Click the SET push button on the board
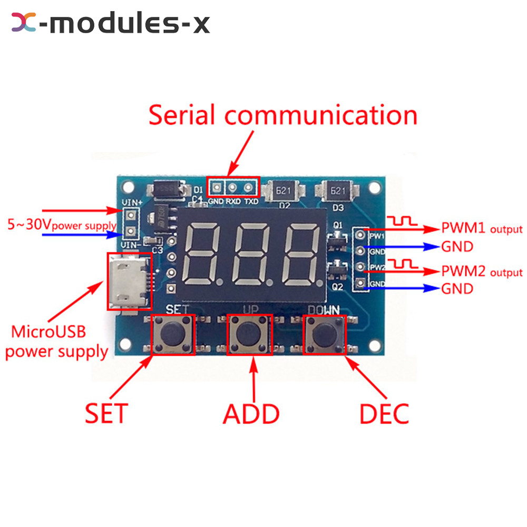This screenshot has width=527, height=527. pos(173,335)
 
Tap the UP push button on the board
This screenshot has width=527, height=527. pos(250,335)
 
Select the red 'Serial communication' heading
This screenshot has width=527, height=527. pos(283,115)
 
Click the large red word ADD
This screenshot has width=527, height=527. pos(251,414)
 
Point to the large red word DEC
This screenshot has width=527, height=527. pos(384,414)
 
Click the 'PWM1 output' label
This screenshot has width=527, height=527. pos(481,229)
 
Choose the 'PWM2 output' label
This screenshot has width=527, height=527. pos(481,272)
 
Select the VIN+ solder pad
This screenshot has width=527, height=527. pos(128,214)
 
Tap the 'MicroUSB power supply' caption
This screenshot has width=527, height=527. pos(56,342)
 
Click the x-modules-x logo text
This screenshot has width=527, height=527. pos(111,24)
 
